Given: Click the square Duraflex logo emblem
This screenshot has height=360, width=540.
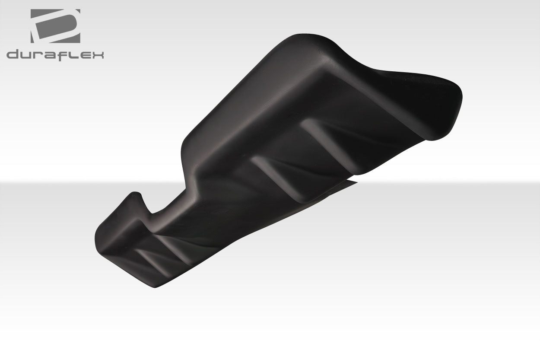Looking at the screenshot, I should click(55, 26).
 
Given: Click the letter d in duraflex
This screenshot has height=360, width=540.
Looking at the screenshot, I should click(13, 55).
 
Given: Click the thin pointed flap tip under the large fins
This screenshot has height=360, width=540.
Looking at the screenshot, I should click(354, 182).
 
